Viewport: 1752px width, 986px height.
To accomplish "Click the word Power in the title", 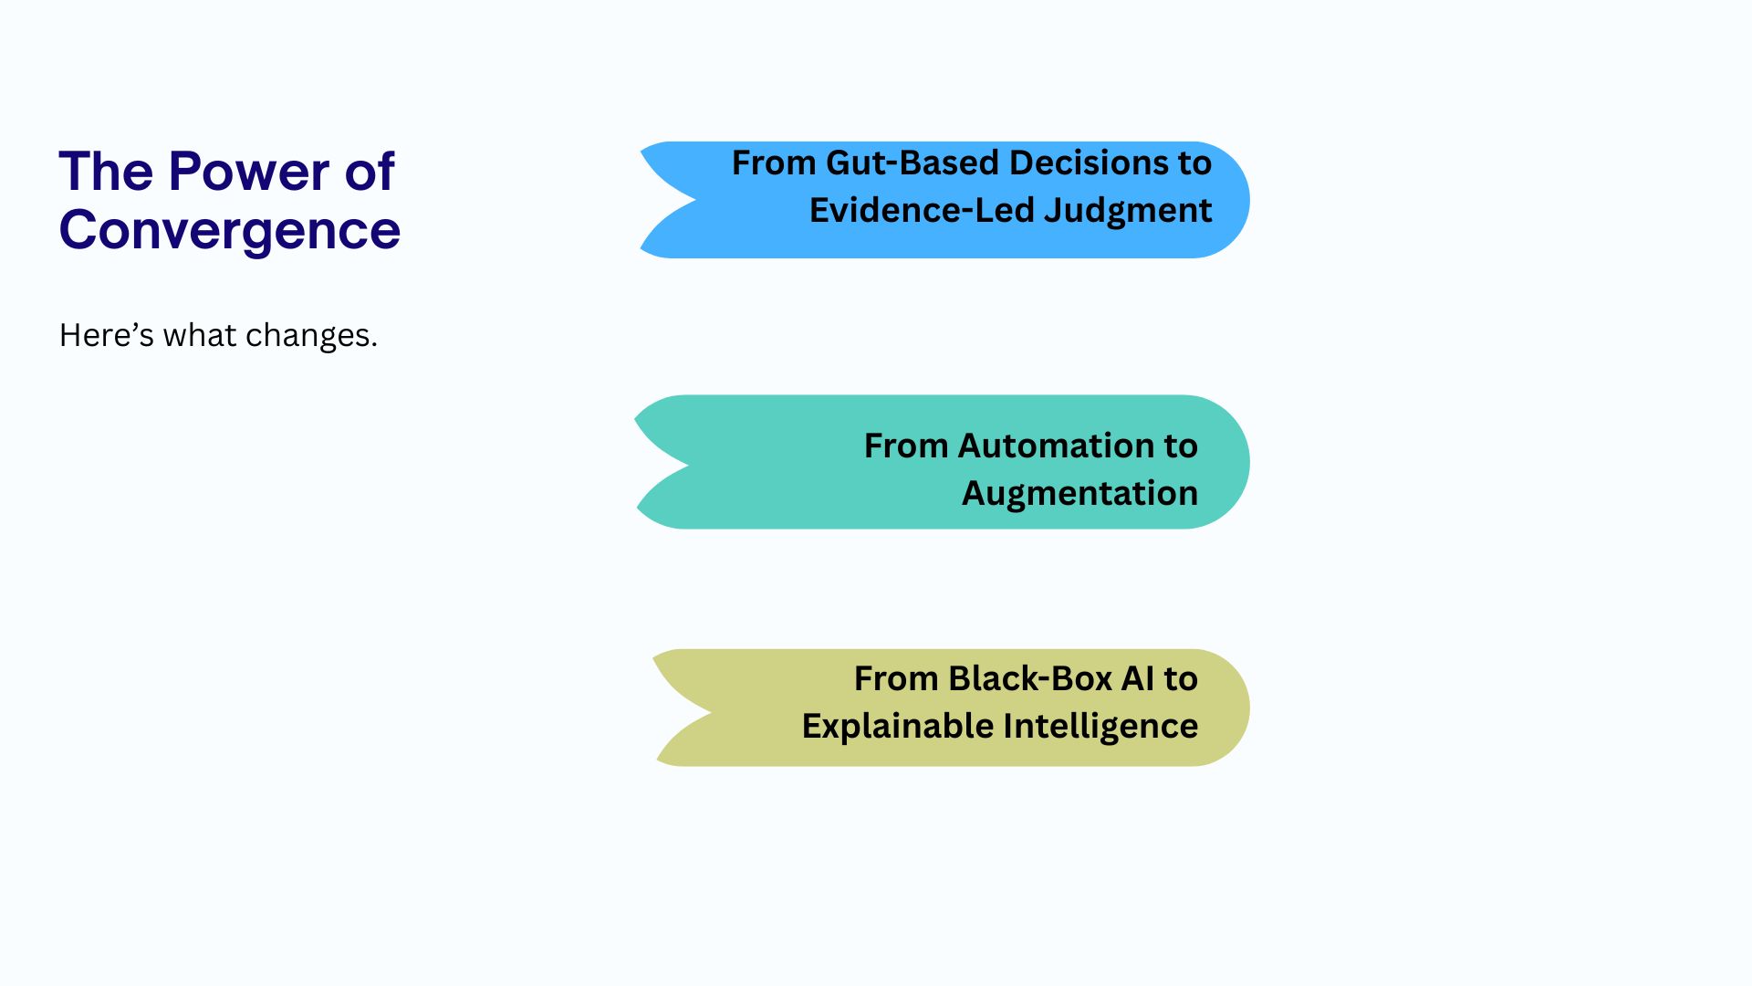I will click(249, 172).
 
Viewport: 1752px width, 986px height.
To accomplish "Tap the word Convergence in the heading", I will click(230, 230).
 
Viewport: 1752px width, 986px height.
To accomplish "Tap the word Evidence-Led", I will click(922, 211).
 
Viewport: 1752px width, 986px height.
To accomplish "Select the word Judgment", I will click(1128, 211).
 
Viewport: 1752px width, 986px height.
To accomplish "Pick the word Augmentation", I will click(1079, 494).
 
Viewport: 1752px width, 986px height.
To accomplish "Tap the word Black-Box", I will click(1029, 679).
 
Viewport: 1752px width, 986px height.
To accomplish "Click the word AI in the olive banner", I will click(1138, 679).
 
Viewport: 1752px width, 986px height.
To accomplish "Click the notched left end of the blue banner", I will click(675, 200).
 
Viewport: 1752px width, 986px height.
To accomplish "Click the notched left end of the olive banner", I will click(689, 708).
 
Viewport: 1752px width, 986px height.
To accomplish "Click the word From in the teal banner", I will click(906, 446).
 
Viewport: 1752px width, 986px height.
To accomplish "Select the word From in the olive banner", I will click(896, 679).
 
